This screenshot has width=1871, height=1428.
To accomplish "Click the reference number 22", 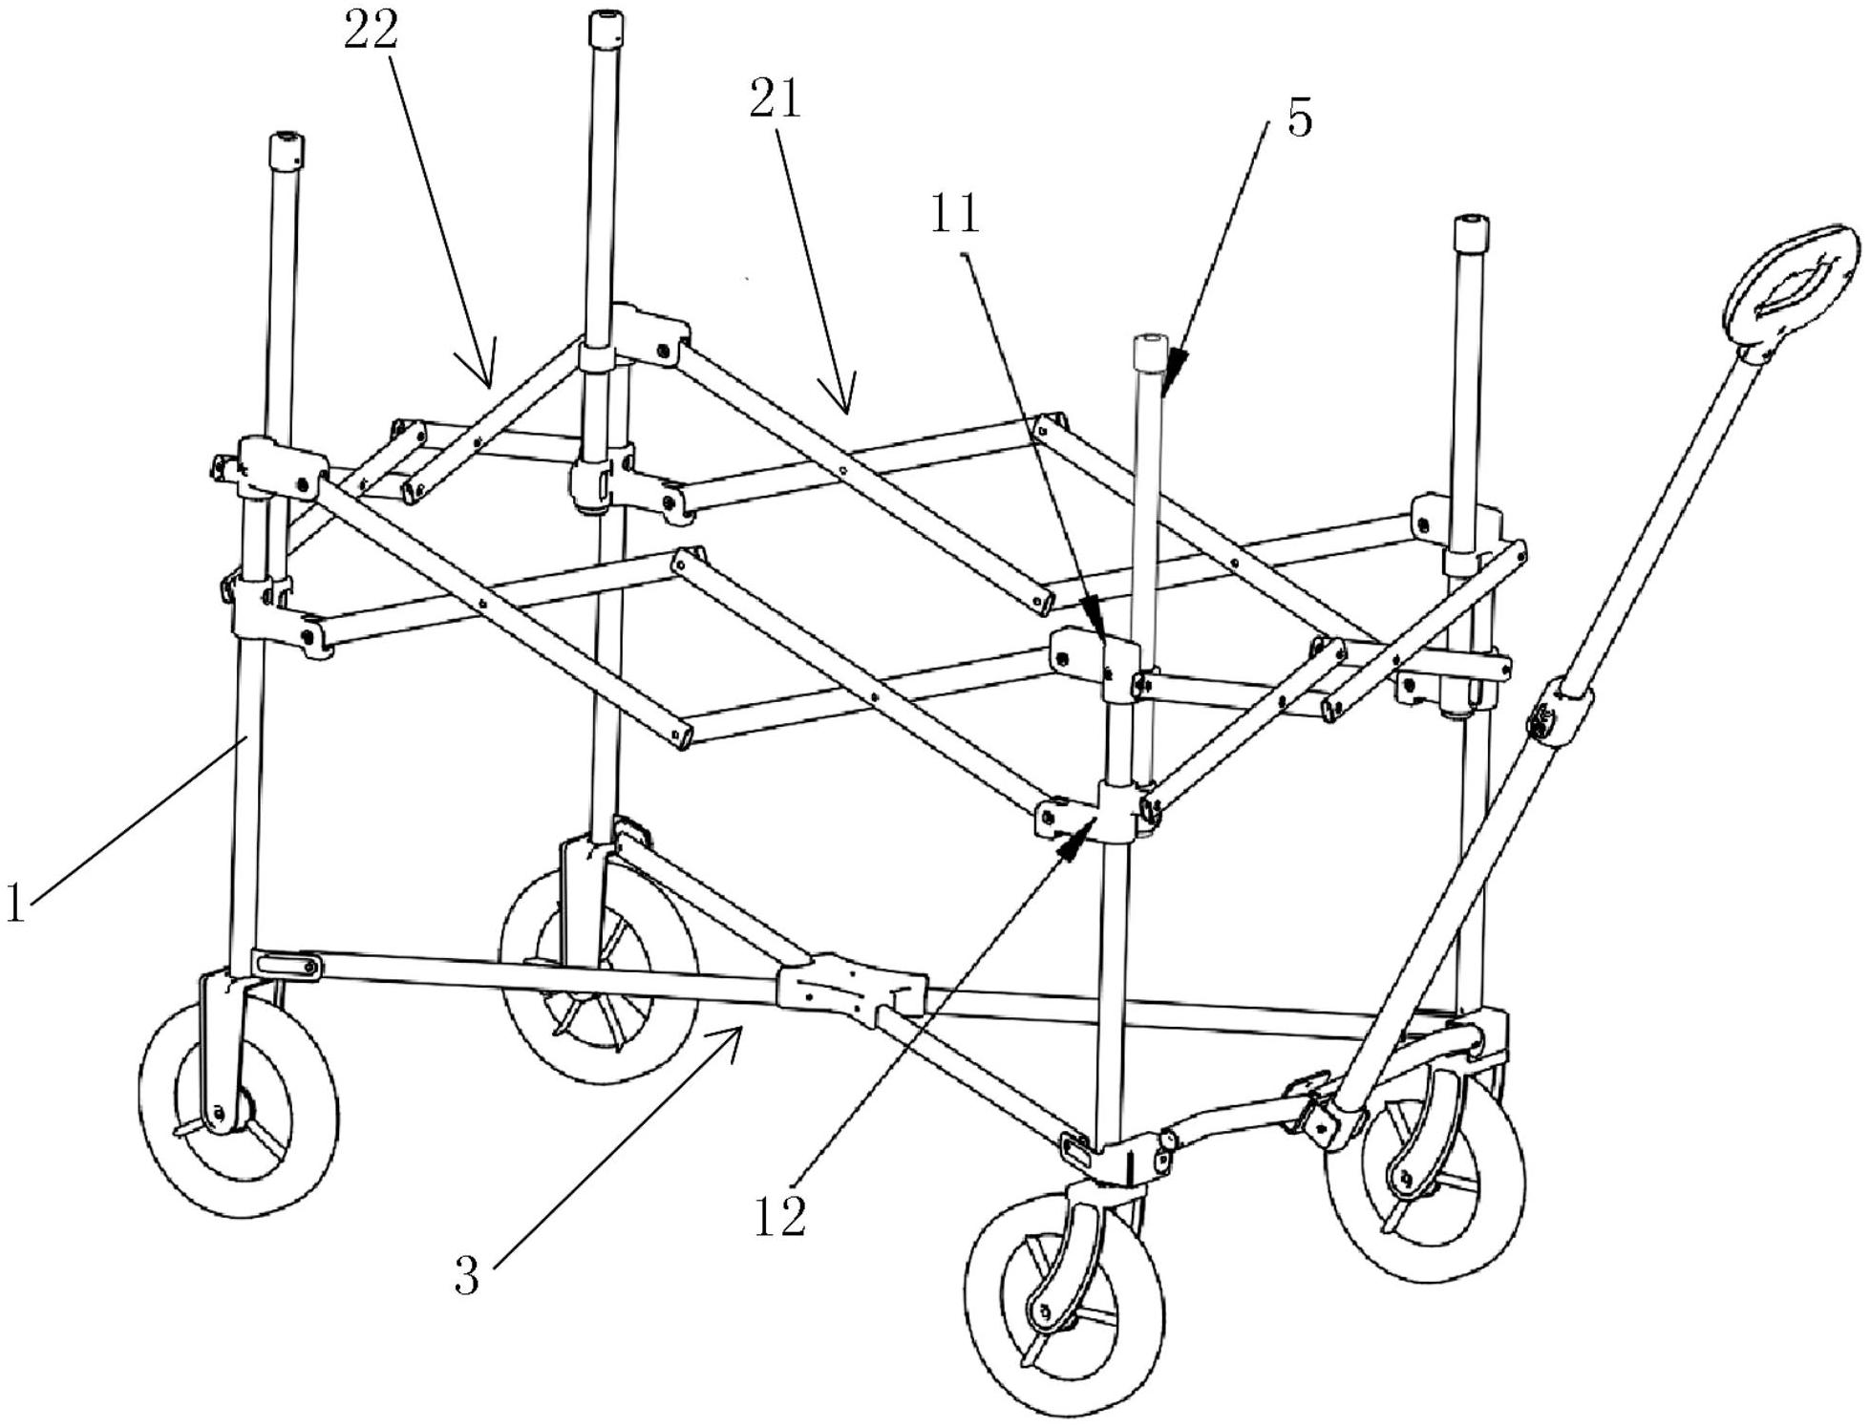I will pyautogui.click(x=370, y=34).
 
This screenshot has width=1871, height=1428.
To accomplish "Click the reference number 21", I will pyautogui.click(x=775, y=99).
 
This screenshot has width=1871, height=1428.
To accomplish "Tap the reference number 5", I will pyautogui.click(x=1300, y=117).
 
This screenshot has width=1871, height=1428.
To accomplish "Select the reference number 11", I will pyautogui.click(x=956, y=213).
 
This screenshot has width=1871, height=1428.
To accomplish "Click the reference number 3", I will pyautogui.click(x=467, y=1275).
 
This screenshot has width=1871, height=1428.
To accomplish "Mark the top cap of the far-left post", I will pyautogui.click(x=286, y=149).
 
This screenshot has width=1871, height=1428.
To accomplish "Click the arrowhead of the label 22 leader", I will pyautogui.click(x=491, y=380).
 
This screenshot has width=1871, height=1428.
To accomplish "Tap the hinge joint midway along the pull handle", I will pyautogui.click(x=1559, y=713).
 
